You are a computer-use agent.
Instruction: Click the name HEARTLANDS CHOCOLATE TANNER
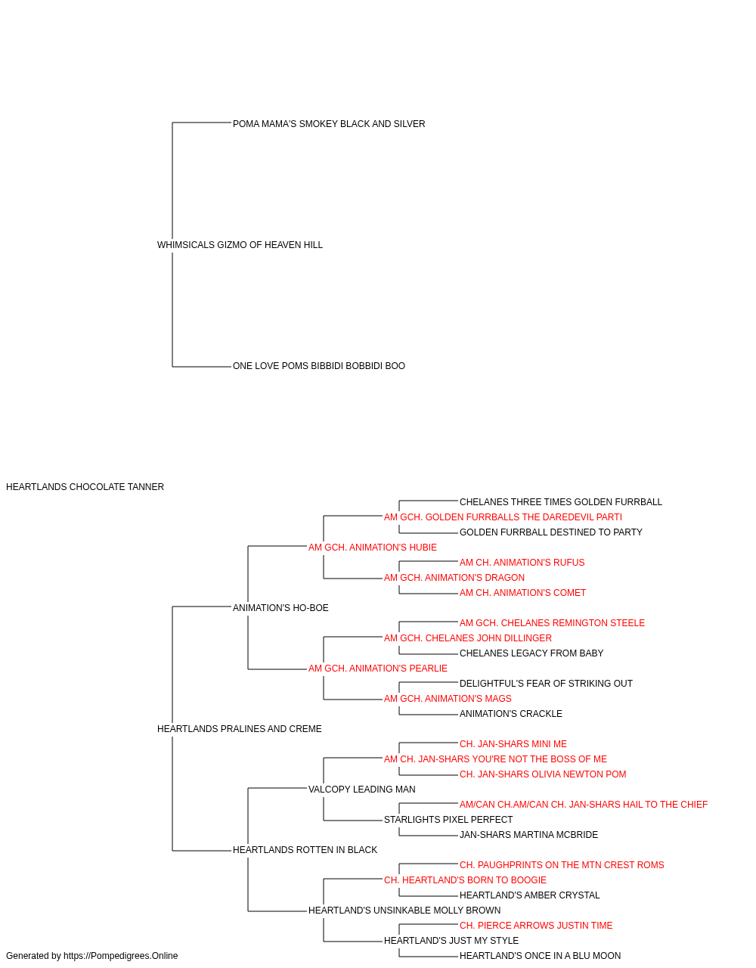(x=85, y=487)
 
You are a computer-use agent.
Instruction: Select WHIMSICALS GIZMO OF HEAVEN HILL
(x=240, y=245)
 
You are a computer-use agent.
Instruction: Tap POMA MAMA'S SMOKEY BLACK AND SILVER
(x=329, y=124)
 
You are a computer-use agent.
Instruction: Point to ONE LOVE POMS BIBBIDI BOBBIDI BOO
(x=319, y=366)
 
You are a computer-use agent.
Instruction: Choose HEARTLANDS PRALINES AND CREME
(x=240, y=729)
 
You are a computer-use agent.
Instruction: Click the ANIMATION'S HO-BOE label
(x=280, y=608)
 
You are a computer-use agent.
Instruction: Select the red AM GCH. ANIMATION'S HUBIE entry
(x=373, y=548)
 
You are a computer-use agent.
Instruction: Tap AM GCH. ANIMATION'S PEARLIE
(x=378, y=669)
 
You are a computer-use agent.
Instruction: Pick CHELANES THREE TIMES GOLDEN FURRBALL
(x=561, y=502)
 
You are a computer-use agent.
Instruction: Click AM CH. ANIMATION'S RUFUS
(x=522, y=563)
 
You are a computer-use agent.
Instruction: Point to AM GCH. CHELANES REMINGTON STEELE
(x=552, y=623)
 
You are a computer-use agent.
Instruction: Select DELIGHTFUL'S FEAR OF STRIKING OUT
(x=546, y=684)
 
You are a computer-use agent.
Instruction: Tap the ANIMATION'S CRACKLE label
(x=511, y=714)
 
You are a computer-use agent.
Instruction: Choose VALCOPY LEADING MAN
(x=362, y=790)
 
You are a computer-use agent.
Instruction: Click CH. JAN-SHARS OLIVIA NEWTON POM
(x=543, y=774)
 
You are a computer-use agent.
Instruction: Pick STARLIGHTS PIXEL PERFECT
(x=448, y=820)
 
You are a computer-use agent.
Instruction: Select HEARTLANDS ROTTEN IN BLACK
(x=305, y=850)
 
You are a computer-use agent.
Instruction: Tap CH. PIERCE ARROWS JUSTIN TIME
(x=536, y=926)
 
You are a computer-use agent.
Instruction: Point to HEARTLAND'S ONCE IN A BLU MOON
(x=540, y=957)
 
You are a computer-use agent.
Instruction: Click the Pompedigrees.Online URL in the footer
(x=121, y=957)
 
